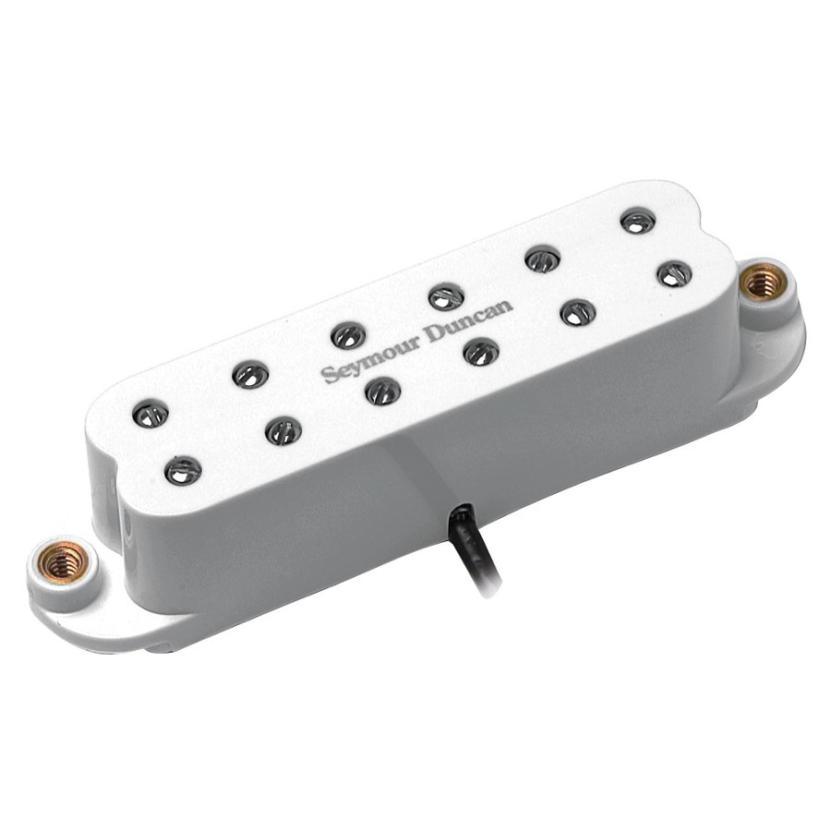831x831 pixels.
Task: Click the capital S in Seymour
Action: pos(329,375)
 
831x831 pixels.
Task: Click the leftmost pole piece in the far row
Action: pos(151,414)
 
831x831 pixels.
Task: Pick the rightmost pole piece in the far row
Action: pos(637,221)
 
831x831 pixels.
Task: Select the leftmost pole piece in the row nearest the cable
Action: pos(182,470)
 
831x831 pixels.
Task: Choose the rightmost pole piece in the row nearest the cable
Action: pos(675,273)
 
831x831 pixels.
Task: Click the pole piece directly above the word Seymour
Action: pos(348,335)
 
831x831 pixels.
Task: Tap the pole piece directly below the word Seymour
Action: pos(382,391)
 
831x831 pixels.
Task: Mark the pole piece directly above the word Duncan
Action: pos(446,296)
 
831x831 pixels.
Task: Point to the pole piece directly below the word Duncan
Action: pos(481,351)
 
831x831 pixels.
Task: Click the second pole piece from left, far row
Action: pos(250,374)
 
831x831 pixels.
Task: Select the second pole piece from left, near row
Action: pos(283,430)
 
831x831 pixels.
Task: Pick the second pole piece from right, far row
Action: pos(543,259)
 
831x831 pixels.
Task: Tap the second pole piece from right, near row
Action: pos(578,312)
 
